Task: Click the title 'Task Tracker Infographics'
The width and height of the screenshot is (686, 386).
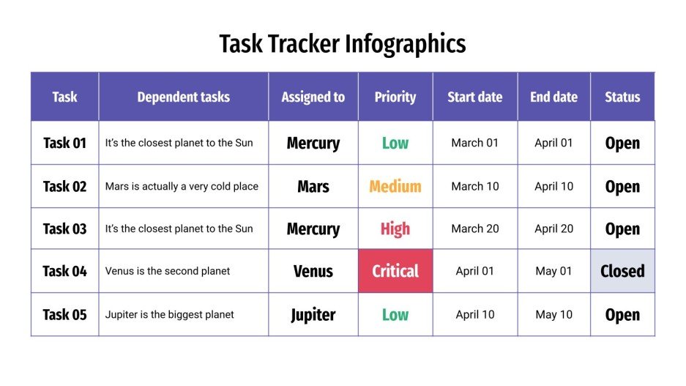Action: click(343, 44)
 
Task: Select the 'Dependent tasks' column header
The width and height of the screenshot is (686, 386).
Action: click(183, 97)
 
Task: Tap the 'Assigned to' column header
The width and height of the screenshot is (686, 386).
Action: click(313, 97)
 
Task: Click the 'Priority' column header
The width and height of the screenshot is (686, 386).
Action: click(395, 97)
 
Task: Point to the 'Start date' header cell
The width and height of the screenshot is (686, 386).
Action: click(474, 97)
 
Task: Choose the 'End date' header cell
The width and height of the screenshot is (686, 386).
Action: click(553, 97)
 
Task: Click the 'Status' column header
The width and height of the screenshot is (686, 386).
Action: click(622, 97)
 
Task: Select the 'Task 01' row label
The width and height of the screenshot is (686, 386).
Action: click(64, 143)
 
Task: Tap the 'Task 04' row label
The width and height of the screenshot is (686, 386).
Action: click(64, 271)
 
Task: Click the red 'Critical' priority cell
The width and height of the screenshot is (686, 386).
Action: click(395, 271)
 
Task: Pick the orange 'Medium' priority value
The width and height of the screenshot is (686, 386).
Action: click(395, 186)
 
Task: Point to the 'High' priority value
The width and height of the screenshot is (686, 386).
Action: click(395, 229)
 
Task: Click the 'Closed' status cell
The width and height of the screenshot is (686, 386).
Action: click(622, 271)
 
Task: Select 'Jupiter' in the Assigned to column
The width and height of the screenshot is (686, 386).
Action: click(313, 315)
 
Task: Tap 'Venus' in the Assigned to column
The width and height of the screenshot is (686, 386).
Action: click(313, 271)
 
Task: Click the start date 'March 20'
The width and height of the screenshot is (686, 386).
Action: click(474, 229)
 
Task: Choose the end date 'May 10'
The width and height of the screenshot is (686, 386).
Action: click(553, 315)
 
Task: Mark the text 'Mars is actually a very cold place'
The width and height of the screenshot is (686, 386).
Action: click(182, 186)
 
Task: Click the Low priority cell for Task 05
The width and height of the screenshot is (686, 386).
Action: click(395, 315)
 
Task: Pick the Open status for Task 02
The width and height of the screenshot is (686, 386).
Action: click(622, 186)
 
